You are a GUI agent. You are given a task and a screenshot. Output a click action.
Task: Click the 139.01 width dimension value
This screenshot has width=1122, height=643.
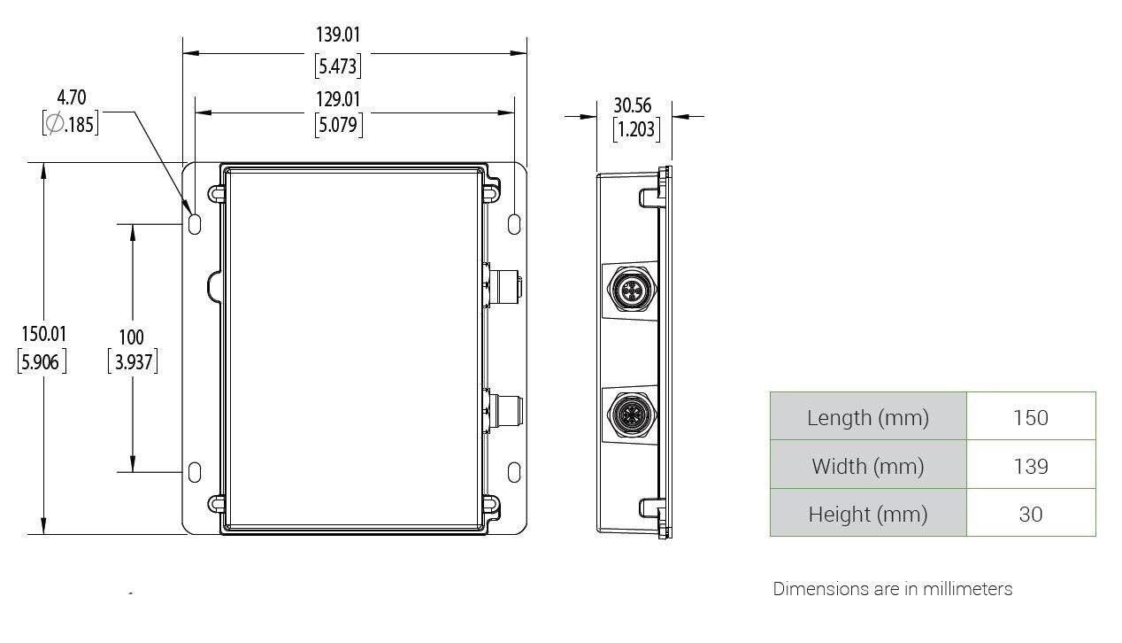tap(338, 35)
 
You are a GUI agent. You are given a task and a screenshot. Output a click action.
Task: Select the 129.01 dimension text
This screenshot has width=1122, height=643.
tap(338, 98)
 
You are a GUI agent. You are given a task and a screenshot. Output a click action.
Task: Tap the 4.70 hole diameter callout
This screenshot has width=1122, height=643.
tap(72, 97)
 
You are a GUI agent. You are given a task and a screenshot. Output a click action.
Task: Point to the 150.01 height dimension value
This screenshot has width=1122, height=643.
tap(43, 334)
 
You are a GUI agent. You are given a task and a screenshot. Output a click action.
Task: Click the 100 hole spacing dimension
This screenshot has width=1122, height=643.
tap(131, 337)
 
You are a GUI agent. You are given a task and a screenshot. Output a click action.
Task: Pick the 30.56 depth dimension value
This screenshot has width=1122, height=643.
tap(633, 105)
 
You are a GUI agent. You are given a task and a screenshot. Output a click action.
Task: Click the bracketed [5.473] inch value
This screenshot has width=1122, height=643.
tap(338, 66)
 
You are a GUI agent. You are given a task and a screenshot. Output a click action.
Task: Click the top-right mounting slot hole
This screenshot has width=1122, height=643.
tap(514, 224)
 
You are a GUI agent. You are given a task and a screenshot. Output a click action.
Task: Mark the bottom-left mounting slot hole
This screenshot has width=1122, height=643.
tap(195, 472)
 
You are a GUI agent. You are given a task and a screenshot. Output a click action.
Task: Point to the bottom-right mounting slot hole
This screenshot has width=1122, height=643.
tap(514, 472)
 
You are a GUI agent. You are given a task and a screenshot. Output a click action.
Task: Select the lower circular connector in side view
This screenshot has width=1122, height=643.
tap(631, 413)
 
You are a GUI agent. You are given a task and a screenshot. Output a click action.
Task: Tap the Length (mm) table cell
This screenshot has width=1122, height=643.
tap(868, 417)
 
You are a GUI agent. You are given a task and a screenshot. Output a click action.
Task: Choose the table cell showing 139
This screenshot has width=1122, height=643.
tap(1031, 466)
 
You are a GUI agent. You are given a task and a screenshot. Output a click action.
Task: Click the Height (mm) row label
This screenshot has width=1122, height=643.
tap(868, 514)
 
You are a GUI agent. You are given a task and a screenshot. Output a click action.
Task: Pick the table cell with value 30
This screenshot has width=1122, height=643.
tap(1031, 514)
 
